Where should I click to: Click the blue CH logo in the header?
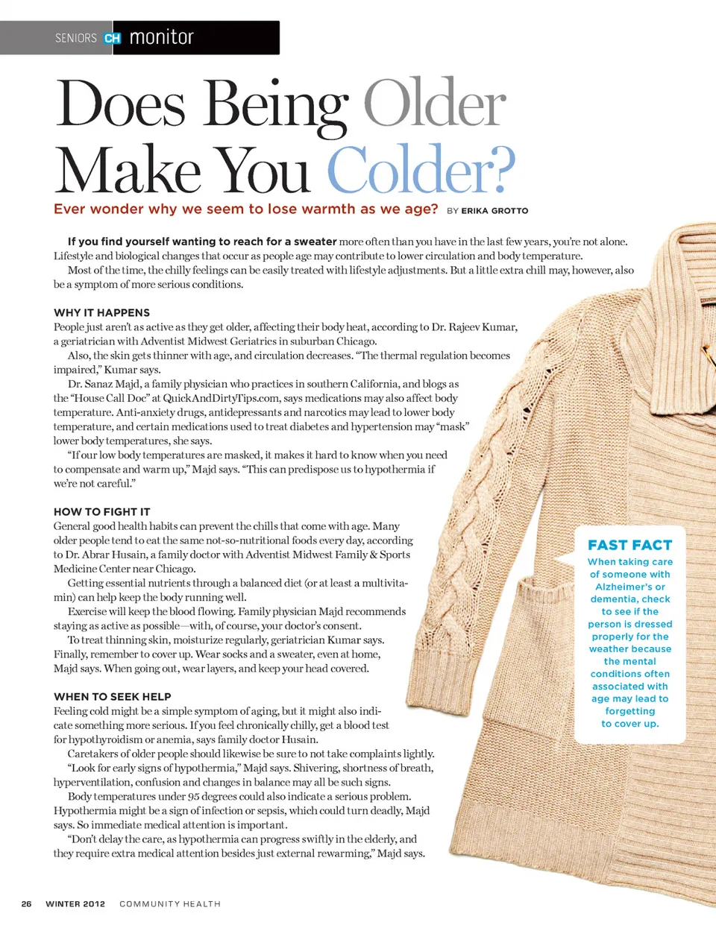coord(113,38)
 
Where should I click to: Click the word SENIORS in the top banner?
coord(76,38)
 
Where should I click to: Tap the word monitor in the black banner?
coord(161,37)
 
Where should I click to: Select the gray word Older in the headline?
coord(434,104)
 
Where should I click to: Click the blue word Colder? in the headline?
coord(421,170)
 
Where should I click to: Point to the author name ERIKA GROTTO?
coord(494,211)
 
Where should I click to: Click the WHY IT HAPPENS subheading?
coord(101,312)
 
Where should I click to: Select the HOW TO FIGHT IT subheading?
coord(101,511)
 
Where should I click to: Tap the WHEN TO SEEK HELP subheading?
coord(112,696)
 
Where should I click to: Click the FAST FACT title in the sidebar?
coord(629,545)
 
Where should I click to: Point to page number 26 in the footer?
coord(26,903)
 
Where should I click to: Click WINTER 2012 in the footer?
coord(75,903)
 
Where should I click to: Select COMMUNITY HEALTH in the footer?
coord(170,903)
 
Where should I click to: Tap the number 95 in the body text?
coord(195,796)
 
